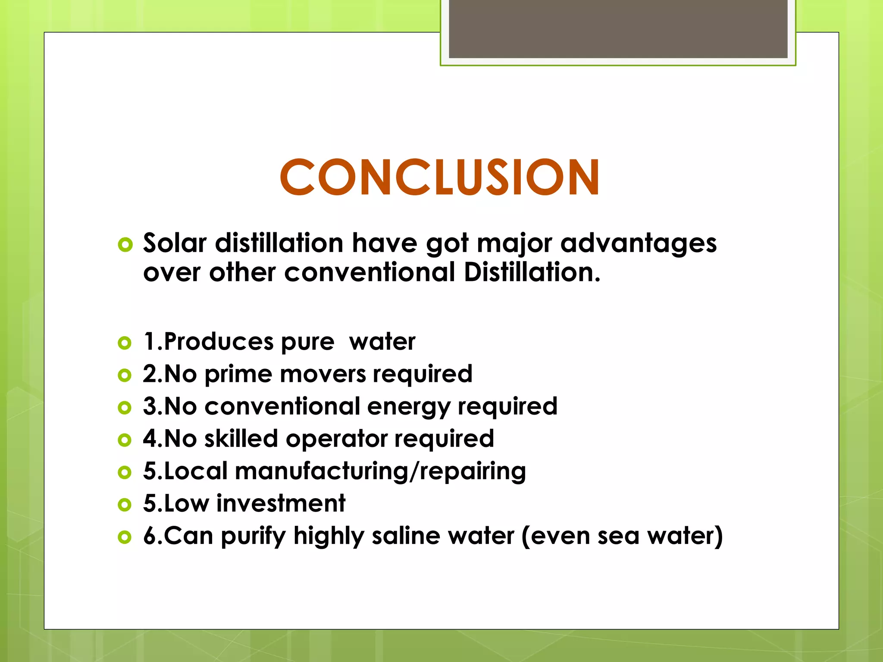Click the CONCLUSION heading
coord(439,177)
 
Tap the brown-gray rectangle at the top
coord(618,28)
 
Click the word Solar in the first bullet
coord(175,243)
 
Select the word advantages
coord(639,244)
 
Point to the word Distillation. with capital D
coord(532,272)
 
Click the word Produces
coord(219,342)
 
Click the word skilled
coord(241,438)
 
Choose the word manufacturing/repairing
coord(380,471)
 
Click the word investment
coord(281,503)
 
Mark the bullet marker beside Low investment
coord(124,505)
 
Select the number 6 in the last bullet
coord(149,536)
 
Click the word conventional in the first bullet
coord(369,272)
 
